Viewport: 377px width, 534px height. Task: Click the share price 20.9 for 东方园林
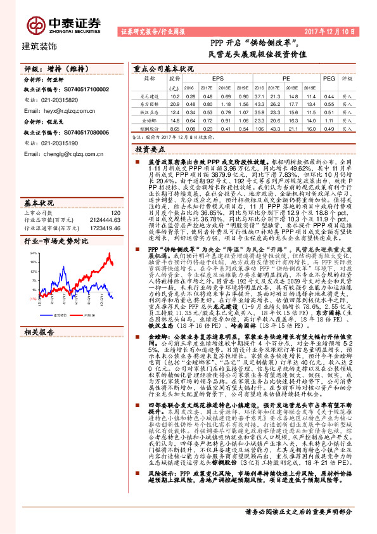pyautogui.click(x=175, y=103)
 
